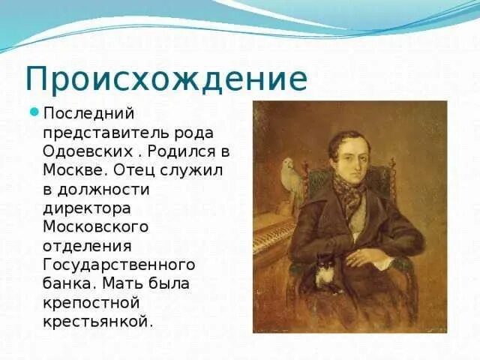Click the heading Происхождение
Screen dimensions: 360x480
pos(166,78)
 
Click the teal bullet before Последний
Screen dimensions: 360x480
pos(34,113)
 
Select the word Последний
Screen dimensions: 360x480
pos(88,113)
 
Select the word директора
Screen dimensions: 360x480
pos(88,207)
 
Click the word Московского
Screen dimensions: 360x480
pos(96,226)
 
